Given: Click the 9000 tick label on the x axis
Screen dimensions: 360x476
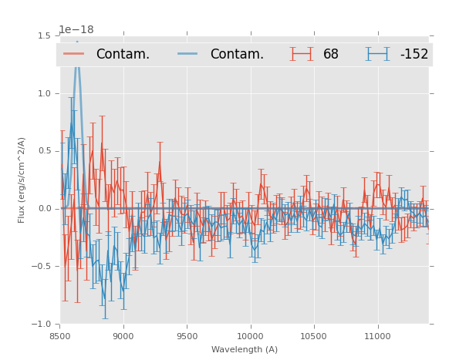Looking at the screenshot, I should (123, 336).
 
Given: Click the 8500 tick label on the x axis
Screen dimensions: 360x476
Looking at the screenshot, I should (60, 336).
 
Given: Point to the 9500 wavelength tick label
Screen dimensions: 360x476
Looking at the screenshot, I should (187, 336).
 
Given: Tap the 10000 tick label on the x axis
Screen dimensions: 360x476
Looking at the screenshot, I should (250, 336).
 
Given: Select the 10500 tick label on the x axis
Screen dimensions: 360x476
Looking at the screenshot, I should (314, 336).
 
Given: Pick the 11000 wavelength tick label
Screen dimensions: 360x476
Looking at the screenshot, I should (377, 336).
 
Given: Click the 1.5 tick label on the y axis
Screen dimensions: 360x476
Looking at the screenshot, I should (43, 35).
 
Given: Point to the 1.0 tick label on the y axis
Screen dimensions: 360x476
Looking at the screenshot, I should (43, 93).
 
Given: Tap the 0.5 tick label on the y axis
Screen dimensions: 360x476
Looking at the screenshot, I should (43, 151).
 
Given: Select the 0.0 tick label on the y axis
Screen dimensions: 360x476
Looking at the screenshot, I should (43, 208).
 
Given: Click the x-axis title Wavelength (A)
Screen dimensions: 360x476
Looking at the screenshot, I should (245, 349).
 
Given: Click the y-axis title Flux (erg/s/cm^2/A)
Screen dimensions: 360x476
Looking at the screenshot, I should (22, 180).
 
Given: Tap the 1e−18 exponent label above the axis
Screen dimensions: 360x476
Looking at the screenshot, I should (76, 30).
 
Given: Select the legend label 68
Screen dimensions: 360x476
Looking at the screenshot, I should (331, 54).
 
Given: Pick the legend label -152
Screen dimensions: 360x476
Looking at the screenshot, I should (414, 54).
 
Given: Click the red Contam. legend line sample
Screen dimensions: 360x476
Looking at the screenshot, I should (74, 54).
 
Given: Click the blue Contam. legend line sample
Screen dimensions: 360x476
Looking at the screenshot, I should (187, 54).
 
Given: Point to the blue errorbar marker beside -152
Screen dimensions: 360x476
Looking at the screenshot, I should (377, 54).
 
